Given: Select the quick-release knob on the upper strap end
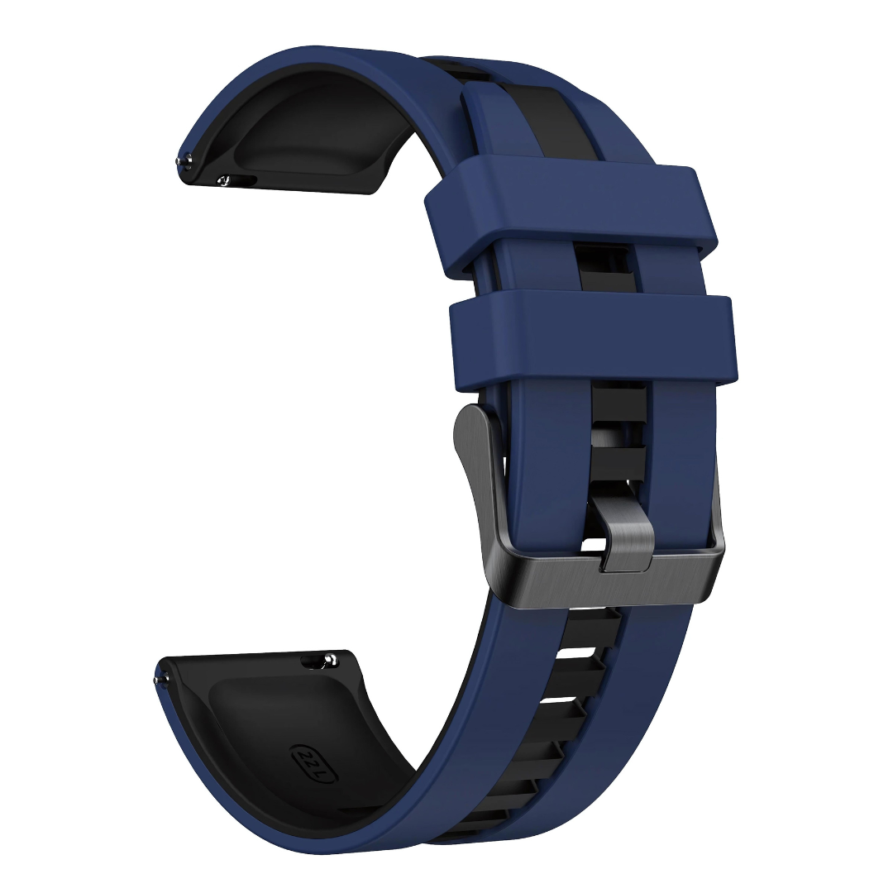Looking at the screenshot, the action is click(224, 180).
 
